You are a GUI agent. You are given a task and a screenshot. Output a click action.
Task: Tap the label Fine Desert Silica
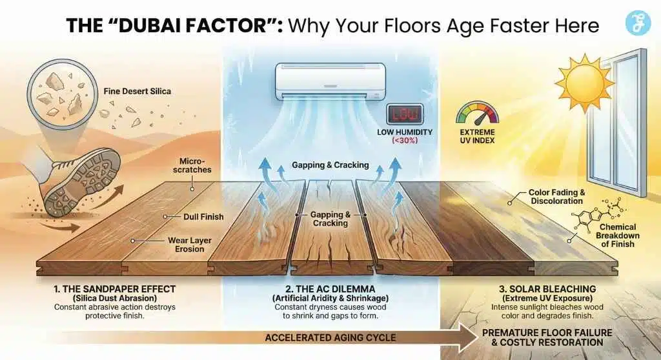coord(137,92)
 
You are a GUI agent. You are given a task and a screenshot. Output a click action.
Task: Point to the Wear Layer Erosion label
coord(189,245)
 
